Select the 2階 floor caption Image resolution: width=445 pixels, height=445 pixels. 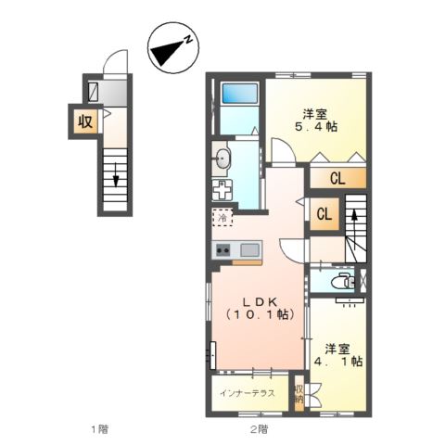click(259, 429)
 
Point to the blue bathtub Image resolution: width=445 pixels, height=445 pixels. click(240, 95)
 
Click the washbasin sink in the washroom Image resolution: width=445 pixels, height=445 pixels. click(222, 159)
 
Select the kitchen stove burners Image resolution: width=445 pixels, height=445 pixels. click(223, 248)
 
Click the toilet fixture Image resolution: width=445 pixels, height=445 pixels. click(341, 282)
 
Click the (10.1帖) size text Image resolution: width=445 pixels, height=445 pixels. click(259, 315)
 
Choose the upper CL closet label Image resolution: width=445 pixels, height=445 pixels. click(337, 178)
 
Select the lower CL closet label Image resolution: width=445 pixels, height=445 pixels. click(325, 214)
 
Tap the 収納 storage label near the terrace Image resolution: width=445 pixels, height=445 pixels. click(299, 394)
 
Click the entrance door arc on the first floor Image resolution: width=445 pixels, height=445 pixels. click(114, 64)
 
